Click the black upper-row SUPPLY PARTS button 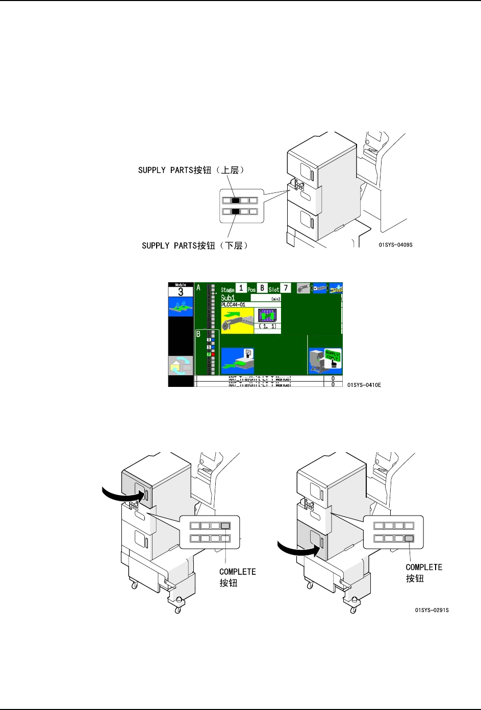click(x=236, y=201)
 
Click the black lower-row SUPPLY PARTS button click(x=236, y=211)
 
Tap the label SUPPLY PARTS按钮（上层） click(x=191, y=170)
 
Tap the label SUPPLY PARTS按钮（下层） click(x=195, y=246)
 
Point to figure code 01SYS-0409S click(x=395, y=245)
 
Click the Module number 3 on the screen click(x=181, y=292)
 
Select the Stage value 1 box click(x=241, y=288)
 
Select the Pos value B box click(x=262, y=288)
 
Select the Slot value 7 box click(x=286, y=288)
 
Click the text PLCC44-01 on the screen click(x=234, y=305)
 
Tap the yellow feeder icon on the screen click(x=237, y=321)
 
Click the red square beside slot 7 click(x=213, y=354)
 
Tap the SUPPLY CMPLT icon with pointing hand click(x=325, y=361)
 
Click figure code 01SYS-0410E click(x=364, y=385)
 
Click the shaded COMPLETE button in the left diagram click(x=225, y=526)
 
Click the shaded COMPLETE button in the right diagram click(x=409, y=538)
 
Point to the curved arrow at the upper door click(x=122, y=494)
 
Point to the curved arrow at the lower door click(x=297, y=549)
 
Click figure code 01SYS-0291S click(x=432, y=610)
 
